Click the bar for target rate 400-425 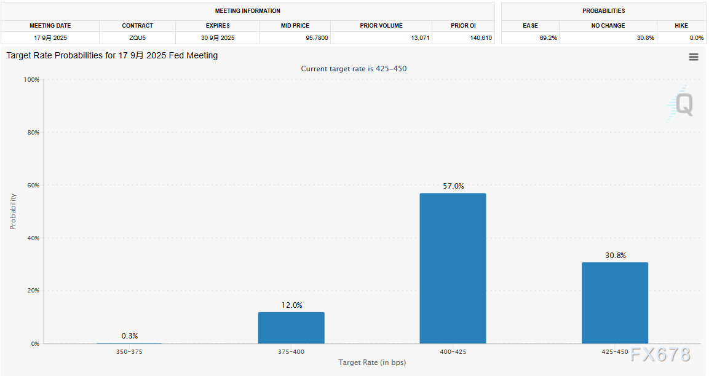[453, 268]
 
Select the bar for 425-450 [614, 303]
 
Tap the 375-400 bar [291, 327]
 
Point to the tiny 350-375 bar [129, 343]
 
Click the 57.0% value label [453, 186]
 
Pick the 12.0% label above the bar [291, 305]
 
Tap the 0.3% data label [129, 336]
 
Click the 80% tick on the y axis [31, 133]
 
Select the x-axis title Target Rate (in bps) [372, 362]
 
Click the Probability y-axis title [13, 212]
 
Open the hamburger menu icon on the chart [694, 57]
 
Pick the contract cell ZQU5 [137, 38]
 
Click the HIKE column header [681, 26]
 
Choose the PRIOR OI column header [463, 26]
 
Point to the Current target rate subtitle [354, 69]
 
